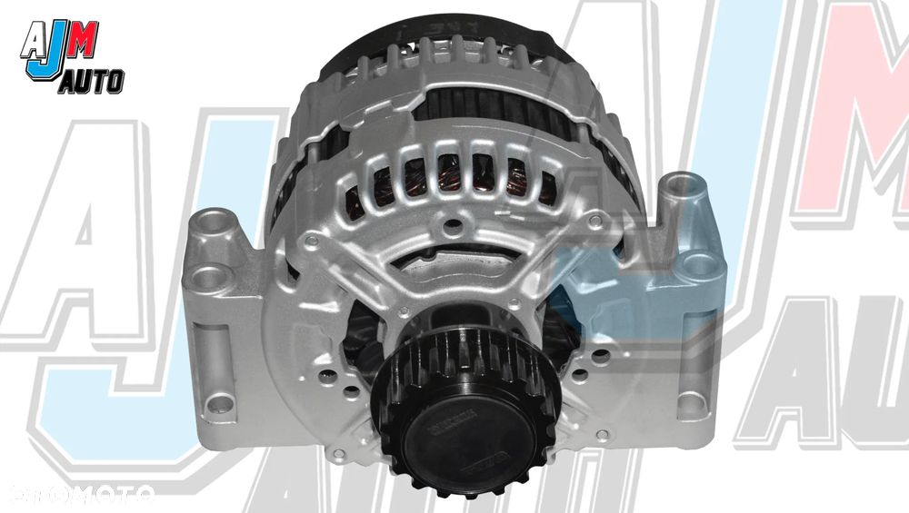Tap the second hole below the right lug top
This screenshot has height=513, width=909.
pos(698,265)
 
